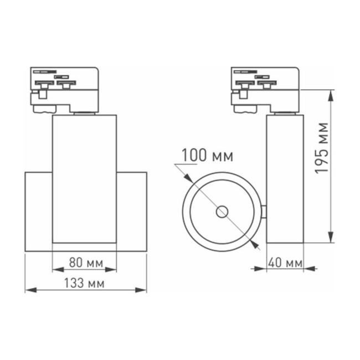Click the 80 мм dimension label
pos(84,262)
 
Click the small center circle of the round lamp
pos(223,211)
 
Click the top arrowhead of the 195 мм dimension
pos(331,94)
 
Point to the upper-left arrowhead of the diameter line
pos(189,178)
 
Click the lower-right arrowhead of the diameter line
pos(255,244)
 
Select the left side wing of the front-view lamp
pos(39,212)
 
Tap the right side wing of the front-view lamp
pos(131,212)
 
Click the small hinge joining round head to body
pos(264,211)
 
